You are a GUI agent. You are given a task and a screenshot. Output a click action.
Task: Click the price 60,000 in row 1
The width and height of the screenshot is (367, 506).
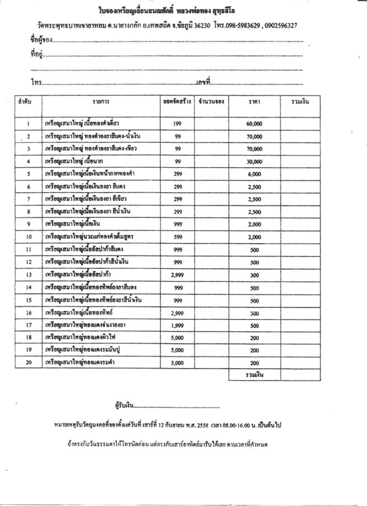pos(254,124)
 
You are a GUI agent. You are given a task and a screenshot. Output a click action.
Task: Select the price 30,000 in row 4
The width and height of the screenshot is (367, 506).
pos(254,161)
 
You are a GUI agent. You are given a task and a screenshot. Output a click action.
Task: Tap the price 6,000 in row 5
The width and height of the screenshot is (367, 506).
pos(254,174)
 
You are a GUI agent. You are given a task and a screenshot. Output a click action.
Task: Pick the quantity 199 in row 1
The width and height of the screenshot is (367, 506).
pos(177,124)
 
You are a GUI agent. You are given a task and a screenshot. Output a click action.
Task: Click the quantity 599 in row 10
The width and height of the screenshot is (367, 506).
pos(177,236)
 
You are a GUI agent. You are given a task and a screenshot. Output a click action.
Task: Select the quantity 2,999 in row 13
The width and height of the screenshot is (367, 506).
pos(177,274)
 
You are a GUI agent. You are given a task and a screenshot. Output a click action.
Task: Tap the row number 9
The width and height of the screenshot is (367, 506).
pos(28,224)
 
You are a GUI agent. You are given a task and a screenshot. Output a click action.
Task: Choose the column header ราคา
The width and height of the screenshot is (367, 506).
pos(254,103)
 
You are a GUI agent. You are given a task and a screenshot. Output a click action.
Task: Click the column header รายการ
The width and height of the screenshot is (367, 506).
pos(101,103)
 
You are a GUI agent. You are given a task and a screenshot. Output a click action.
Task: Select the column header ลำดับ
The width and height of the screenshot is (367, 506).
pos(25,103)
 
